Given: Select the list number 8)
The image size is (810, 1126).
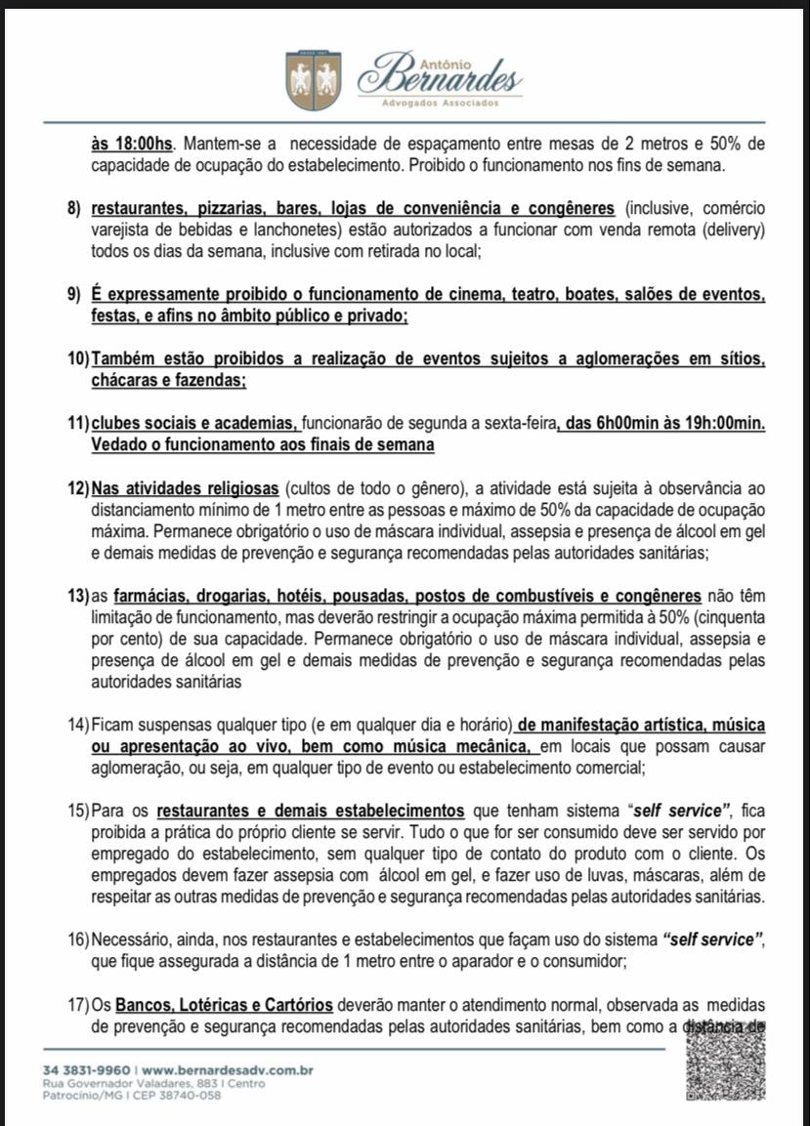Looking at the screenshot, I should click(x=74, y=209).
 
